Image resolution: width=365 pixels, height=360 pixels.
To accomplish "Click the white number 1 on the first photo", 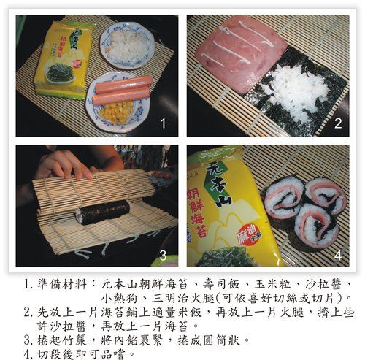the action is coord(164,123).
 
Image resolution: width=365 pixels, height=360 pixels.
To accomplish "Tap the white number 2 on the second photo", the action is coord(338,123).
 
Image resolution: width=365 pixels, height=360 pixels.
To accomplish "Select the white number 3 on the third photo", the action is coord(164,256).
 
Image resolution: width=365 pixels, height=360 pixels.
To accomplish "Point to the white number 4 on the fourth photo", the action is coord(338,256).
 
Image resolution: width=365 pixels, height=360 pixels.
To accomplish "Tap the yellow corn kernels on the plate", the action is coord(118,112).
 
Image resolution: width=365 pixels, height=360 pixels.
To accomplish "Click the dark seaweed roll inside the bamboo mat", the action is coord(104,212).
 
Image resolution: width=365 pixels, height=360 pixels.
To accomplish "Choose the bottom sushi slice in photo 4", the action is coord(315,225).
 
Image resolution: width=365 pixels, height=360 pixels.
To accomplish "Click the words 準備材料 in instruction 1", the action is coord(62,285).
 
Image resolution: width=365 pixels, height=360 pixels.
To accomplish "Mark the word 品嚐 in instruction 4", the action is coord(112,354).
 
